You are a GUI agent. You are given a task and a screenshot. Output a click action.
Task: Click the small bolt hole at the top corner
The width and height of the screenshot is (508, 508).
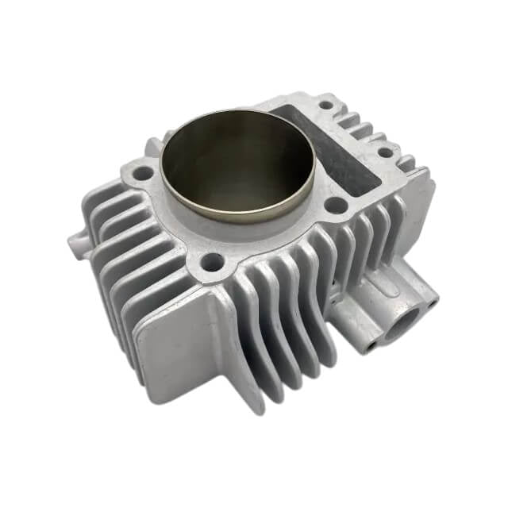[x=325, y=104]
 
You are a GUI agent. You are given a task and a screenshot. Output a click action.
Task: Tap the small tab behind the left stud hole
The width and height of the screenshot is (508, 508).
[x=153, y=148]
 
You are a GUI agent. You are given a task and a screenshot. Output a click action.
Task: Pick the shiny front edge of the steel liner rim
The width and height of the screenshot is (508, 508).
[x=238, y=216]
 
